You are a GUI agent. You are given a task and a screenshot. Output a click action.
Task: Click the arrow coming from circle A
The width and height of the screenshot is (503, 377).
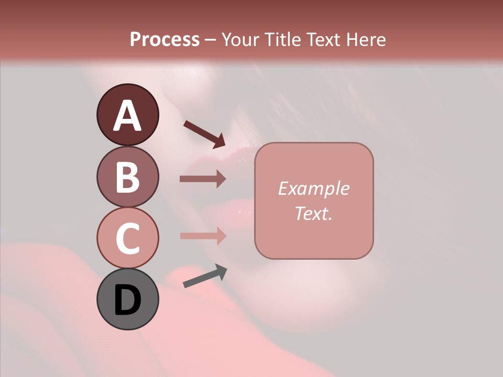pos(204,134)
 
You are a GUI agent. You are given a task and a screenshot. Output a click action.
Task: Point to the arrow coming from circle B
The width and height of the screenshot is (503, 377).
pos(203,179)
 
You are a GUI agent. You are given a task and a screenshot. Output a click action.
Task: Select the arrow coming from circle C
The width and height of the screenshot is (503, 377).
pos(203,236)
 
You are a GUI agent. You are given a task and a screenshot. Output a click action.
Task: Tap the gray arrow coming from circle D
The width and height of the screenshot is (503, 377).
pos(205,276)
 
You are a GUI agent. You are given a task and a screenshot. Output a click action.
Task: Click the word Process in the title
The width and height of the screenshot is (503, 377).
pos(165,39)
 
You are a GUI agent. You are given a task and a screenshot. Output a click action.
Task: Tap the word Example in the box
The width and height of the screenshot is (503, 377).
pos(313,188)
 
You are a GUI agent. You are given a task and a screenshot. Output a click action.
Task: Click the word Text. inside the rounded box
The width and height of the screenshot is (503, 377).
pos(313,213)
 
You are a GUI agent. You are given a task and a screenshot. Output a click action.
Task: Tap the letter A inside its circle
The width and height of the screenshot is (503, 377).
pos(127,116)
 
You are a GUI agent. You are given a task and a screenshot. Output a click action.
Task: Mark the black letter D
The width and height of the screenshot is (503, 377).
pos(127,300)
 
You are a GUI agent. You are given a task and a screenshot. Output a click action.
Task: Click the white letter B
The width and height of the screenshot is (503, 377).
pos(127,177)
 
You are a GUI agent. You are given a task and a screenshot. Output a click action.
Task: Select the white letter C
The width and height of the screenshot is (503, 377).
pos(127,238)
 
